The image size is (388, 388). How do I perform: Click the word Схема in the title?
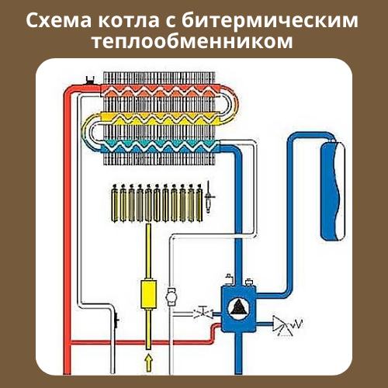coord(59,20)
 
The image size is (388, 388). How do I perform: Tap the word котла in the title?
coord(129,21)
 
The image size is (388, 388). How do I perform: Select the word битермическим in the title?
coord(270,20)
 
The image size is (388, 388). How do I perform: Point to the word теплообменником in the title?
coord(192,41)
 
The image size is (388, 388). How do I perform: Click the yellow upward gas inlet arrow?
coord(148,363)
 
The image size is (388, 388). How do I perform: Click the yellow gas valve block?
coord(148,294)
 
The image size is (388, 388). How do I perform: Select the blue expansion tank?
coord(333,191)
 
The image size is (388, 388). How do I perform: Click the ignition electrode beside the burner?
coord(209,197)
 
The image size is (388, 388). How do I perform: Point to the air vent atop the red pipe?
coord(90,80)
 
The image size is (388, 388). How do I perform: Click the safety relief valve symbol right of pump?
coord(286,324)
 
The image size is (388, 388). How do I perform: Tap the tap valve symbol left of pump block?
coord(203,313)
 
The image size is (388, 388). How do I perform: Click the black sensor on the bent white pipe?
coord(116,320)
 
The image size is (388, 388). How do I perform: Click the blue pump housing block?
coord(238,308)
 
